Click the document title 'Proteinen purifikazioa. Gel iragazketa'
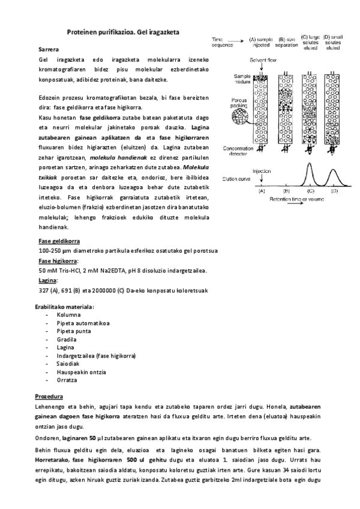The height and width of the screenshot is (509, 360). tap(123, 31)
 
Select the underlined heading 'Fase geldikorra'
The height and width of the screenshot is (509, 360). tap(59, 241)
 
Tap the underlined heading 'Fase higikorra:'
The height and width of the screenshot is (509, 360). tap(58, 261)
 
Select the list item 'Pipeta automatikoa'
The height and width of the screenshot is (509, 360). tap(83, 322)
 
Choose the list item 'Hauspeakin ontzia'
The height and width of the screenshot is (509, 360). tap(82, 372)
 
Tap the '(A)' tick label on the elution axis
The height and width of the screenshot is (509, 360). tap(261, 191)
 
